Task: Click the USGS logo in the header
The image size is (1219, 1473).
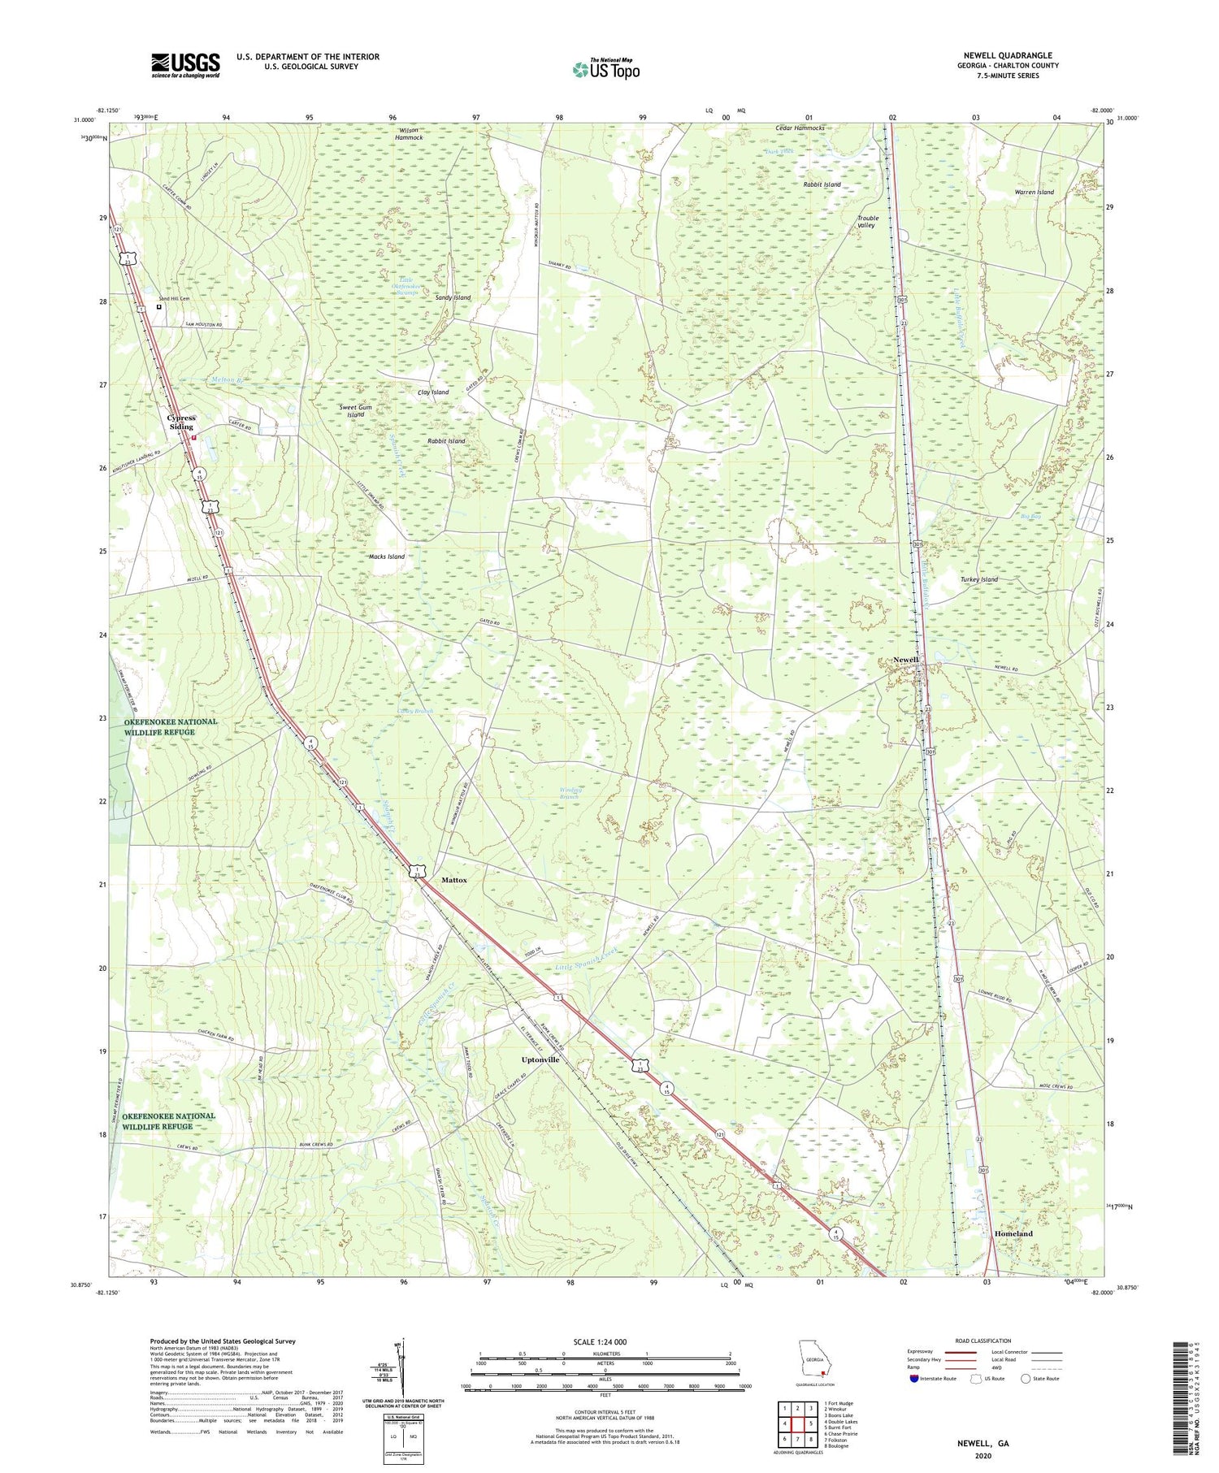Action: click(x=185, y=65)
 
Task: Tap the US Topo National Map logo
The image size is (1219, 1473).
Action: click(x=605, y=69)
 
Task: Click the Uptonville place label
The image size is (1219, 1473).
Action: click(x=540, y=1059)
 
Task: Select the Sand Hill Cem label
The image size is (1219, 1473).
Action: click(x=174, y=299)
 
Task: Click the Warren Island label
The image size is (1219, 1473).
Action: click(x=1034, y=192)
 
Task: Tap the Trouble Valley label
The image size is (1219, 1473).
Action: click(x=867, y=221)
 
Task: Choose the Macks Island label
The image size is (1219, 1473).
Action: click(x=386, y=557)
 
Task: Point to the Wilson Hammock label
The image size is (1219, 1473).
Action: click(x=409, y=133)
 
